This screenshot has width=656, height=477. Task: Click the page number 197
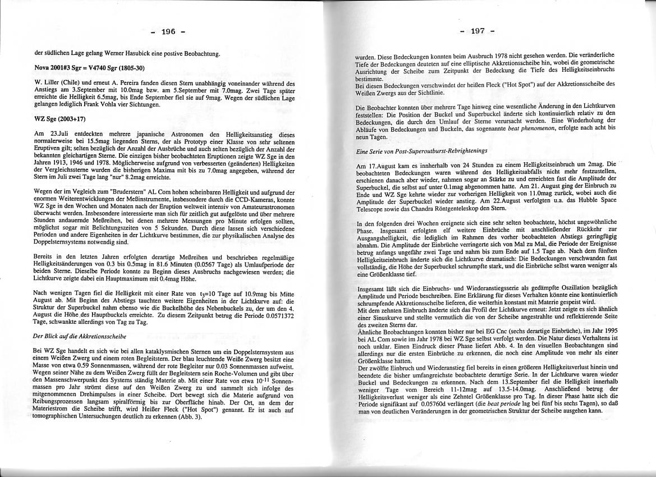[477, 31]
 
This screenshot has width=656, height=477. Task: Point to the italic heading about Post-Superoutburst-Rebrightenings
[421, 152]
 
